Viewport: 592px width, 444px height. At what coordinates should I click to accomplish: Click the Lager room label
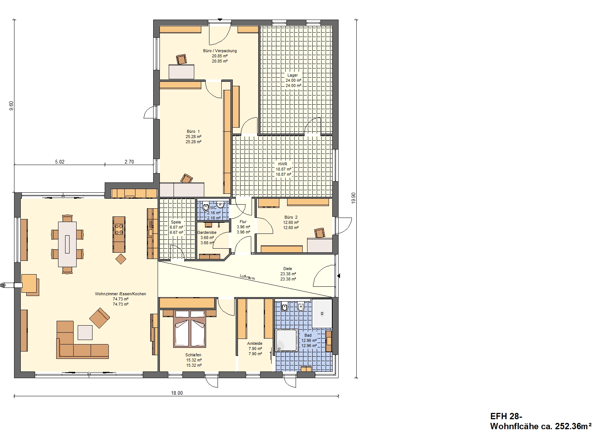point(293,75)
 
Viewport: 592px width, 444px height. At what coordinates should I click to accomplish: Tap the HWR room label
point(283,164)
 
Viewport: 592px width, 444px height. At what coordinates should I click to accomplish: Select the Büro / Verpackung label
point(220,51)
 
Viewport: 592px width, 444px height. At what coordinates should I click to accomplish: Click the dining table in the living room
point(67,244)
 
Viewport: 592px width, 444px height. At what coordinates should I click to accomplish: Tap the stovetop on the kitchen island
point(119,229)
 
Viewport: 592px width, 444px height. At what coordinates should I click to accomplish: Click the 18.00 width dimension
point(177,393)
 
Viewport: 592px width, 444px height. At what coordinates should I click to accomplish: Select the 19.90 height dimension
point(354,198)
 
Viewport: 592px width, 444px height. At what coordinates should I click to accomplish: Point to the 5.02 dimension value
point(60,162)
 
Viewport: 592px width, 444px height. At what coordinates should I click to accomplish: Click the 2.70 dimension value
point(129,162)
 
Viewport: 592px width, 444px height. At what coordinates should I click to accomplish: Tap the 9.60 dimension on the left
point(11,106)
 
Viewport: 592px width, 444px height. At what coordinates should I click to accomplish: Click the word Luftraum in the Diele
point(247,277)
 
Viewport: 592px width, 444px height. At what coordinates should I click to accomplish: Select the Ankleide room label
point(255,343)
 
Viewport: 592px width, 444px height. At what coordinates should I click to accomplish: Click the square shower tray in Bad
point(287,340)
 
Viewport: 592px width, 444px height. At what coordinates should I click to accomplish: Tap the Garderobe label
point(207,232)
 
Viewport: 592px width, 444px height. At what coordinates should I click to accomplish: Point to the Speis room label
point(176,222)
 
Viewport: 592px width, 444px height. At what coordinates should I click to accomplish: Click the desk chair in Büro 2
point(320,233)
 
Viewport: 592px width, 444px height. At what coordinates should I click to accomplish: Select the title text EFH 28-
point(506,417)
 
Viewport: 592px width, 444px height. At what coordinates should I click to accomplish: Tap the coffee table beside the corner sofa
point(85,332)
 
